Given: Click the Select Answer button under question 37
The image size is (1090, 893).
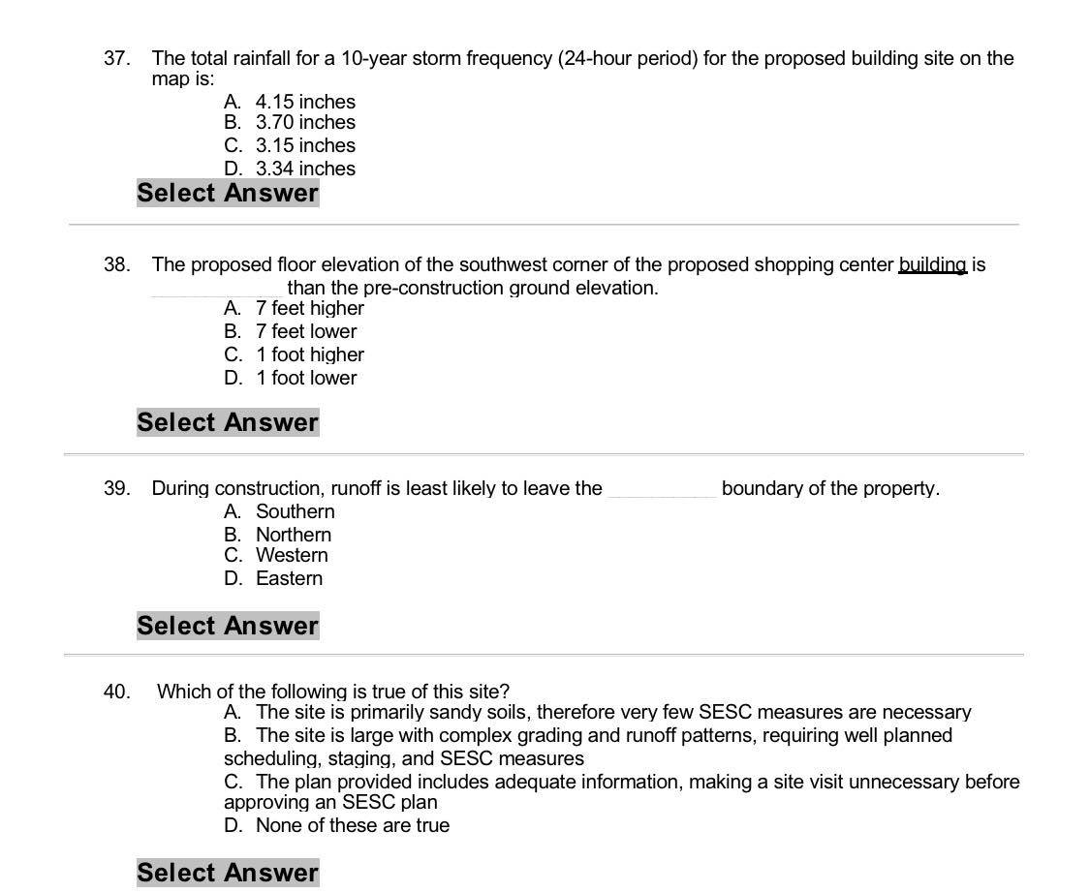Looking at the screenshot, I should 228,193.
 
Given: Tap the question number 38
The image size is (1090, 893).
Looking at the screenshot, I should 116,264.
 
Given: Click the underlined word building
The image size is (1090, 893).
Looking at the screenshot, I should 932,264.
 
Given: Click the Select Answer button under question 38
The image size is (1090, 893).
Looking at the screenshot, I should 228,422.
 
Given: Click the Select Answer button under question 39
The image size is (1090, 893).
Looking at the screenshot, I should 228,626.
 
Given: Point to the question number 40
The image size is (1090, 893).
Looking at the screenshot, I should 116,692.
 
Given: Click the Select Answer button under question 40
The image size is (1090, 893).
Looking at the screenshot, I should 228,873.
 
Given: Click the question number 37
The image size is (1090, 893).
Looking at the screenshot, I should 116,58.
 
